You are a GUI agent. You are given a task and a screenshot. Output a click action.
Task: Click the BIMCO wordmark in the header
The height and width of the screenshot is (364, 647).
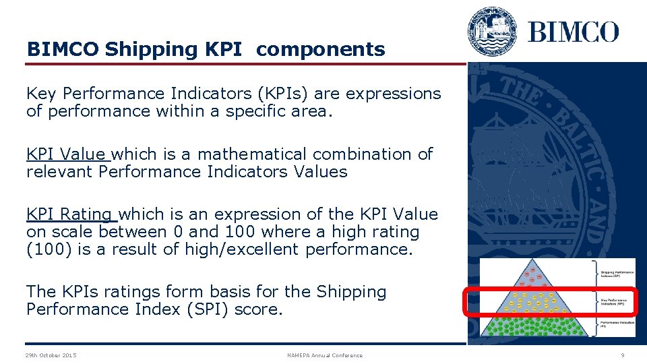pos(573,32)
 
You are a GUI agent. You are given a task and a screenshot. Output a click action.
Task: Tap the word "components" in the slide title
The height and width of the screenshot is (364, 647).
pos(321,49)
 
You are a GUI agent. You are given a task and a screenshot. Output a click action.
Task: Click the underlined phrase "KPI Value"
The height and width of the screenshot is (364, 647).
pos(67,154)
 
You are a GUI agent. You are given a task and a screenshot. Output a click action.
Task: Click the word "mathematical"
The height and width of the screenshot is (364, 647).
pos(252,154)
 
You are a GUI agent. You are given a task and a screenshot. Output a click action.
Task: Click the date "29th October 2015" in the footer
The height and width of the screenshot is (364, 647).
pos(51,355)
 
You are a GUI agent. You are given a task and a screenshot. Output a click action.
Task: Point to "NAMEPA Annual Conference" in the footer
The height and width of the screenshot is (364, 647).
pos(324,355)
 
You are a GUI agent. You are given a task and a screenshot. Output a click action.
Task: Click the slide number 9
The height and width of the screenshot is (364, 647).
pos(622,355)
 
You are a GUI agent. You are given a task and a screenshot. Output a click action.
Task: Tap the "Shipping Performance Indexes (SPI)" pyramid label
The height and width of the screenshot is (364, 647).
pos(617,273)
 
